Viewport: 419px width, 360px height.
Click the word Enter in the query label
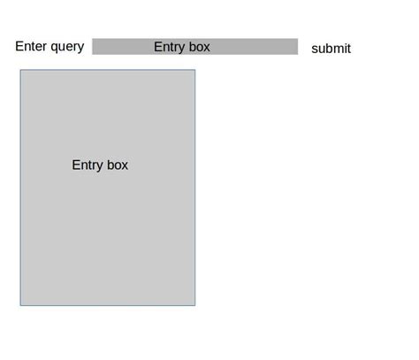[33, 47]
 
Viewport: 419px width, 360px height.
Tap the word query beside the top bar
[67, 48]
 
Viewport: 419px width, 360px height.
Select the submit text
[331, 49]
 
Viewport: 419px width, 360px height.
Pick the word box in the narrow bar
[199, 47]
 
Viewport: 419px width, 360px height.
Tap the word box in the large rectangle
[118, 165]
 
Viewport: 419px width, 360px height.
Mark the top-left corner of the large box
[20, 71]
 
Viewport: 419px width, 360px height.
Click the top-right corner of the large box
[194, 71]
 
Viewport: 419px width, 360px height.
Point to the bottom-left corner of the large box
[20, 305]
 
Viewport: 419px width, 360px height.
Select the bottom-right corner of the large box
[194, 305]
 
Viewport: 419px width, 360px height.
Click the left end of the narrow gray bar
[94, 47]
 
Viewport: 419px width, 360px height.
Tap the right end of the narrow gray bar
[296, 47]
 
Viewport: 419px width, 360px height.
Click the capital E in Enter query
[19, 47]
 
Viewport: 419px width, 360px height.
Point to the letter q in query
[55, 48]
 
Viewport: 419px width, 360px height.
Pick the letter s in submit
[315, 50]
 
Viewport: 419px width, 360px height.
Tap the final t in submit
[348, 49]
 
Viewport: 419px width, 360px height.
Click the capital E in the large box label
[76, 165]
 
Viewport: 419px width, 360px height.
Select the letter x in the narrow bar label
[207, 47]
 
